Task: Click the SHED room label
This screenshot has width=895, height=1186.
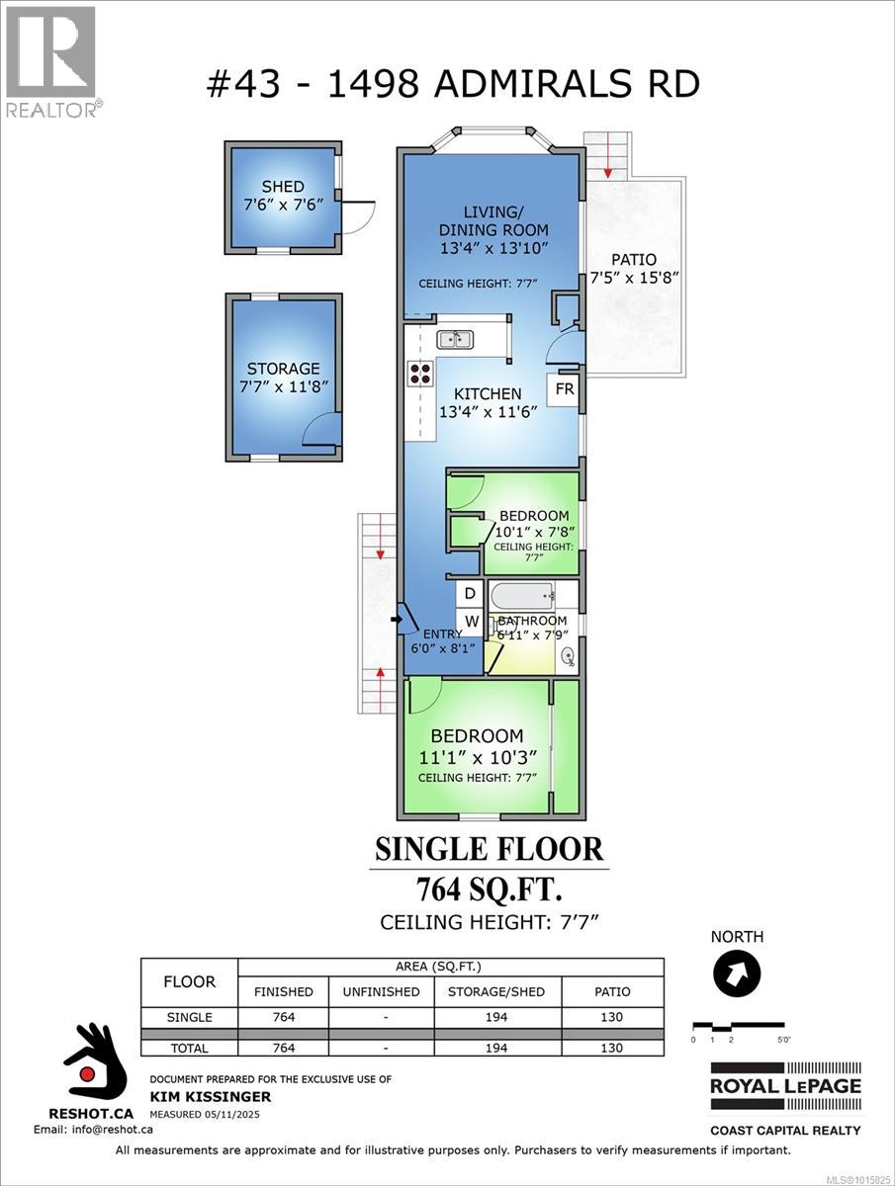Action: tap(283, 187)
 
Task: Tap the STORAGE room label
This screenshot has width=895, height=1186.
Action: tap(283, 369)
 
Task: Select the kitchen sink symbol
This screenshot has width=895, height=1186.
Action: tap(455, 340)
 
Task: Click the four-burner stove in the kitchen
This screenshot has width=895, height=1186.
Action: tap(420, 373)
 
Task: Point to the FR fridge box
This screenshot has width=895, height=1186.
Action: tap(564, 389)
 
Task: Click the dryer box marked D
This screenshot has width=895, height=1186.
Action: tap(471, 593)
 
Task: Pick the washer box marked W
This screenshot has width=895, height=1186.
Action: tap(472, 622)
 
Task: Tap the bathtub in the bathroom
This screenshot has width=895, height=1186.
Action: tap(521, 595)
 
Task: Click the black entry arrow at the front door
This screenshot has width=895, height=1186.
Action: tap(396, 620)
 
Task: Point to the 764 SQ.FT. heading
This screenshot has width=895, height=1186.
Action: tap(489, 889)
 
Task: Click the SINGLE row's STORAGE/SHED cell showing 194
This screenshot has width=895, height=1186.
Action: tap(497, 1017)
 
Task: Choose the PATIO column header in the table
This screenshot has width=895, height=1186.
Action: tap(612, 991)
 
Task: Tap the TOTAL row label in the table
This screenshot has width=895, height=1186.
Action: tap(189, 1048)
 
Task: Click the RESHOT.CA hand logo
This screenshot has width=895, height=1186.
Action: tap(96, 1067)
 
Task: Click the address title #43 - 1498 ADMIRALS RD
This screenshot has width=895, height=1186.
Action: tap(452, 83)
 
